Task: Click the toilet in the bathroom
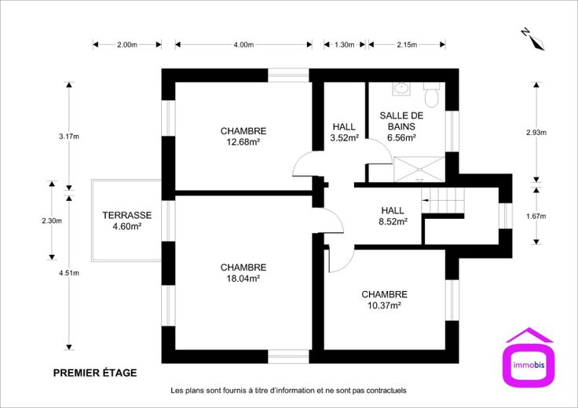click(x=431, y=95)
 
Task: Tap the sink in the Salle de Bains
click(x=401, y=89)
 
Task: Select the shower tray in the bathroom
click(x=419, y=169)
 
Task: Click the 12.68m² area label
click(x=243, y=142)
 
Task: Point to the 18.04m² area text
click(x=243, y=279)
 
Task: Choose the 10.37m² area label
click(x=384, y=305)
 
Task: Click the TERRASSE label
click(x=127, y=215)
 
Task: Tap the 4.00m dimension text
click(x=243, y=45)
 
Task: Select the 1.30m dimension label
click(x=344, y=45)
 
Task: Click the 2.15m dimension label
click(x=407, y=45)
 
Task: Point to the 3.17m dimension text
click(x=69, y=137)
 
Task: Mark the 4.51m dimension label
click(x=69, y=273)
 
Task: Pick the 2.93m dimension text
click(x=536, y=133)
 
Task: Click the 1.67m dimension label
click(x=536, y=216)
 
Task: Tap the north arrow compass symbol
click(x=533, y=38)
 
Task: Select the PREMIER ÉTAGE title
click(x=95, y=373)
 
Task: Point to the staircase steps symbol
click(x=443, y=201)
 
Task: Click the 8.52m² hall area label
click(x=393, y=222)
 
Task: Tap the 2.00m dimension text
click(x=127, y=45)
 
